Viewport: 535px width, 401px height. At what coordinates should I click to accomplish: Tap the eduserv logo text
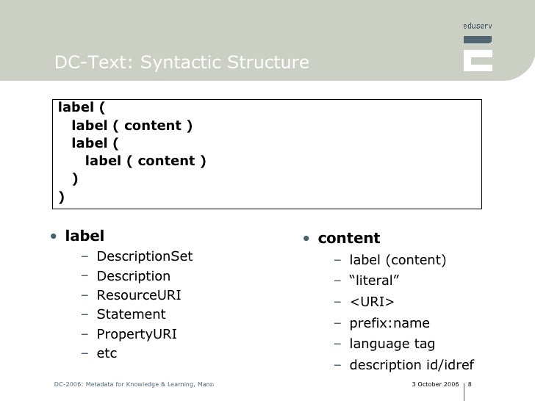click(478, 26)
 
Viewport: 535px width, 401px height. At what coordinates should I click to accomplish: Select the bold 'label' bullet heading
click(85, 236)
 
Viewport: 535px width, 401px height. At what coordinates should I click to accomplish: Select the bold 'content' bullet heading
click(348, 238)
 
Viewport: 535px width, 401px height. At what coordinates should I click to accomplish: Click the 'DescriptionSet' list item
click(144, 256)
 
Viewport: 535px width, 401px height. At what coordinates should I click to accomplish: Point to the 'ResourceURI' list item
click(138, 295)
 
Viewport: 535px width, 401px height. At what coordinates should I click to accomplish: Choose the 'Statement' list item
click(131, 314)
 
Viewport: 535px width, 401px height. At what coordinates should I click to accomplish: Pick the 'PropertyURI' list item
click(137, 334)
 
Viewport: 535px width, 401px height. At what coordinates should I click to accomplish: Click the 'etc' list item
click(107, 353)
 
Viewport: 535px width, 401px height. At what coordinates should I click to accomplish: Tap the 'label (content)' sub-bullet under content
click(397, 260)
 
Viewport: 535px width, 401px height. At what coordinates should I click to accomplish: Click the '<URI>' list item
click(371, 302)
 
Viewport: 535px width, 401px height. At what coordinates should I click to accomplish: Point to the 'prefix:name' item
click(389, 323)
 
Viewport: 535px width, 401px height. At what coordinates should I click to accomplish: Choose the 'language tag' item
click(392, 344)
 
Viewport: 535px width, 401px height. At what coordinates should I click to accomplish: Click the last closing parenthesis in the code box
click(61, 196)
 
